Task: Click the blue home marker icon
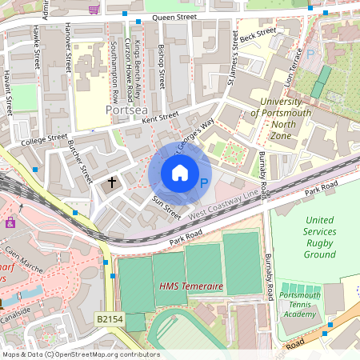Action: pos(180,173)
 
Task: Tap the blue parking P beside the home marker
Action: pos(203,184)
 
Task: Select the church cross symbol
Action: pos(112,183)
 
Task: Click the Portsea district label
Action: pos(126,109)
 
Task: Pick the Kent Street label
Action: pos(159,117)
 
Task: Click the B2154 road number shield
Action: pos(110,318)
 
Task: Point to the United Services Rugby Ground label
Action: pos(319,237)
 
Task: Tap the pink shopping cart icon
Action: pos(94,10)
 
